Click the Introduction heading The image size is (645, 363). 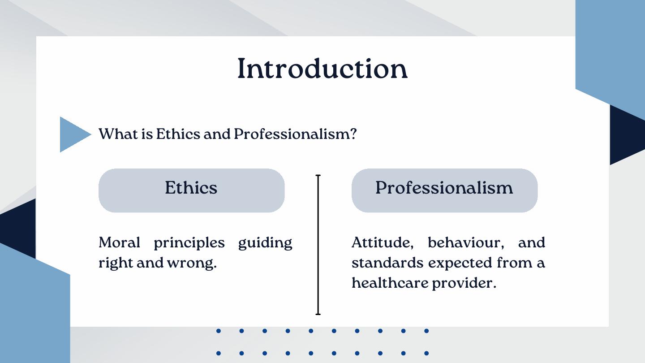coord(322,68)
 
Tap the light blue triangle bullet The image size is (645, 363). coord(73,134)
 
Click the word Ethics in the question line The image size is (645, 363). coord(178,134)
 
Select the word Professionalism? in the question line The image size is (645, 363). coord(295,134)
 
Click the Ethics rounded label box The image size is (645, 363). coord(192,190)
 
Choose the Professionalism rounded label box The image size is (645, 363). coord(444,190)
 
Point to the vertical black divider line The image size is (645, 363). coord(318,245)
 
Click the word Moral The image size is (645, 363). coord(119,242)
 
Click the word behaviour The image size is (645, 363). coord(466,242)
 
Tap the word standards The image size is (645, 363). coord(387,263)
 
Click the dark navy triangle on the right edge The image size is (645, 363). coord(628,135)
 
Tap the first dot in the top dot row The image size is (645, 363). coord(219,331)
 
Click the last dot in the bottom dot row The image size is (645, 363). coord(426,353)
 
